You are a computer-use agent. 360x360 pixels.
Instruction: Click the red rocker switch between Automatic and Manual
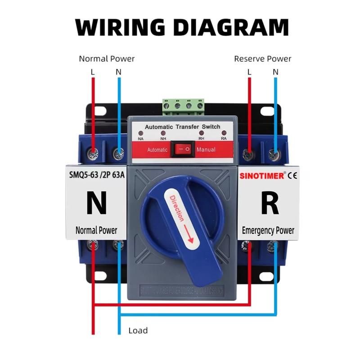click(x=182, y=149)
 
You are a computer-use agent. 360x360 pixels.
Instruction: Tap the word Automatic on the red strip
click(x=157, y=149)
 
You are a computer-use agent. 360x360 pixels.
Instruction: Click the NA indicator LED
click(x=141, y=134)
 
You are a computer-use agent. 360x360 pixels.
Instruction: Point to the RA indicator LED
click(x=224, y=134)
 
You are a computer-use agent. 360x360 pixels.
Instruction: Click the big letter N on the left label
click(x=96, y=203)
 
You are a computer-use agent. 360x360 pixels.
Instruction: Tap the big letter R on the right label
click(x=270, y=203)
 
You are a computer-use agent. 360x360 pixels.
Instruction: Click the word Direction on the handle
click(x=177, y=208)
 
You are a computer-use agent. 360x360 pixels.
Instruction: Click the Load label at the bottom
click(x=138, y=331)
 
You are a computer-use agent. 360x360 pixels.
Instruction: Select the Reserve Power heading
click(x=263, y=59)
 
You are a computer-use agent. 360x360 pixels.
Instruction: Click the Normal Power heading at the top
click(x=107, y=59)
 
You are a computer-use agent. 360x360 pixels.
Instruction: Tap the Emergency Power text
click(x=268, y=230)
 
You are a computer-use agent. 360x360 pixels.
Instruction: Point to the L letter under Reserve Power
click(x=249, y=72)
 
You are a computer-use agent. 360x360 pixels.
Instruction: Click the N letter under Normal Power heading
click(x=118, y=72)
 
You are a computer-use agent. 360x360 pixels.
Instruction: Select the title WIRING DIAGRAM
click(x=182, y=27)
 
